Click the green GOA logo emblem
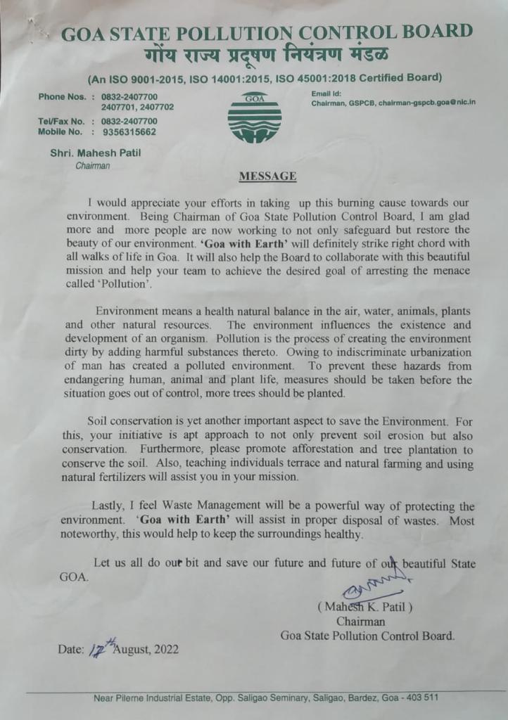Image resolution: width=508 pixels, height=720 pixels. point(254,117)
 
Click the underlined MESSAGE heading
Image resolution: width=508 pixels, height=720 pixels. point(267,176)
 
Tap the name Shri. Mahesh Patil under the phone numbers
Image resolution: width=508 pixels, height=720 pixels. point(95,154)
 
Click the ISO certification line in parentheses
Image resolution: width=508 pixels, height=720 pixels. point(265,77)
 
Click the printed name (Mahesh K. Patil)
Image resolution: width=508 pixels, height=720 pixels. point(364,606)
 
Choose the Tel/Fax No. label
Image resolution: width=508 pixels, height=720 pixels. point(61,121)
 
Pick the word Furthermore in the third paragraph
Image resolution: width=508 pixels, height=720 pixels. point(170,449)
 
